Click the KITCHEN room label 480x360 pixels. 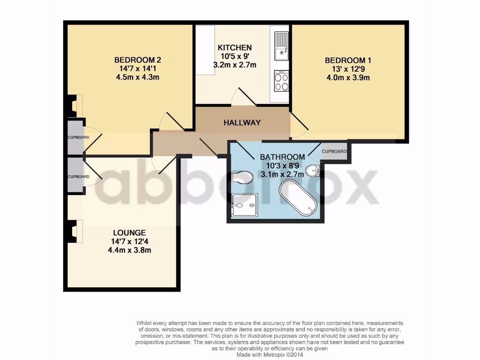click(x=234, y=47)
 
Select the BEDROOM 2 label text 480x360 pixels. click(x=138, y=60)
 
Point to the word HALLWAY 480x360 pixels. click(x=242, y=123)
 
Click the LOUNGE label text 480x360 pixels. click(x=129, y=232)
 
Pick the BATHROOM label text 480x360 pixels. click(x=283, y=157)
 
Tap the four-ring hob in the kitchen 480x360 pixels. click(x=281, y=82)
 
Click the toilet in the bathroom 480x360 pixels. click(x=242, y=177)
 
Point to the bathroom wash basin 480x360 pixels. click(x=312, y=171)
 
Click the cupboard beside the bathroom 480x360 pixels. click(x=334, y=151)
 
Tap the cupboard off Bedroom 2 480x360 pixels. click(x=75, y=137)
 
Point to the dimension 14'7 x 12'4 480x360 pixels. click(x=129, y=241)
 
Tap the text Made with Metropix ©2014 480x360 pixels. click(x=269, y=355)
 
